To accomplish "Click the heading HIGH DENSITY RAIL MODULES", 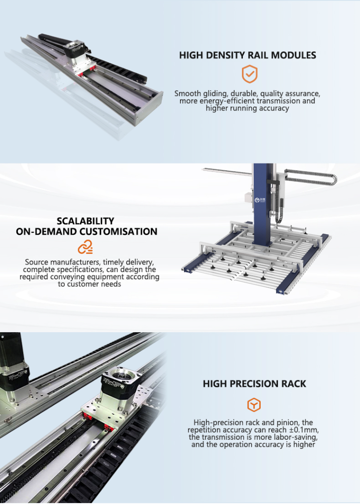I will (248, 55).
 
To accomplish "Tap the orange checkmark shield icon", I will (249, 74).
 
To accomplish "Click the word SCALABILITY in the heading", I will (85, 221).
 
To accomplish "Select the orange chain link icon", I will (85, 247).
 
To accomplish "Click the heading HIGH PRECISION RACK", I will (254, 384).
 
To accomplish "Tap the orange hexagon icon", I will (254, 405).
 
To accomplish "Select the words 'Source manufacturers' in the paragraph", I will (60, 262).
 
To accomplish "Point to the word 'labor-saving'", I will (297, 437).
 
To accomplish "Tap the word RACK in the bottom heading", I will (294, 384).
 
